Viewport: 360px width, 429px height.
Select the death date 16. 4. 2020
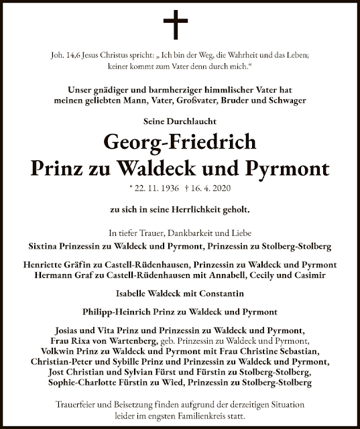pos(211,189)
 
